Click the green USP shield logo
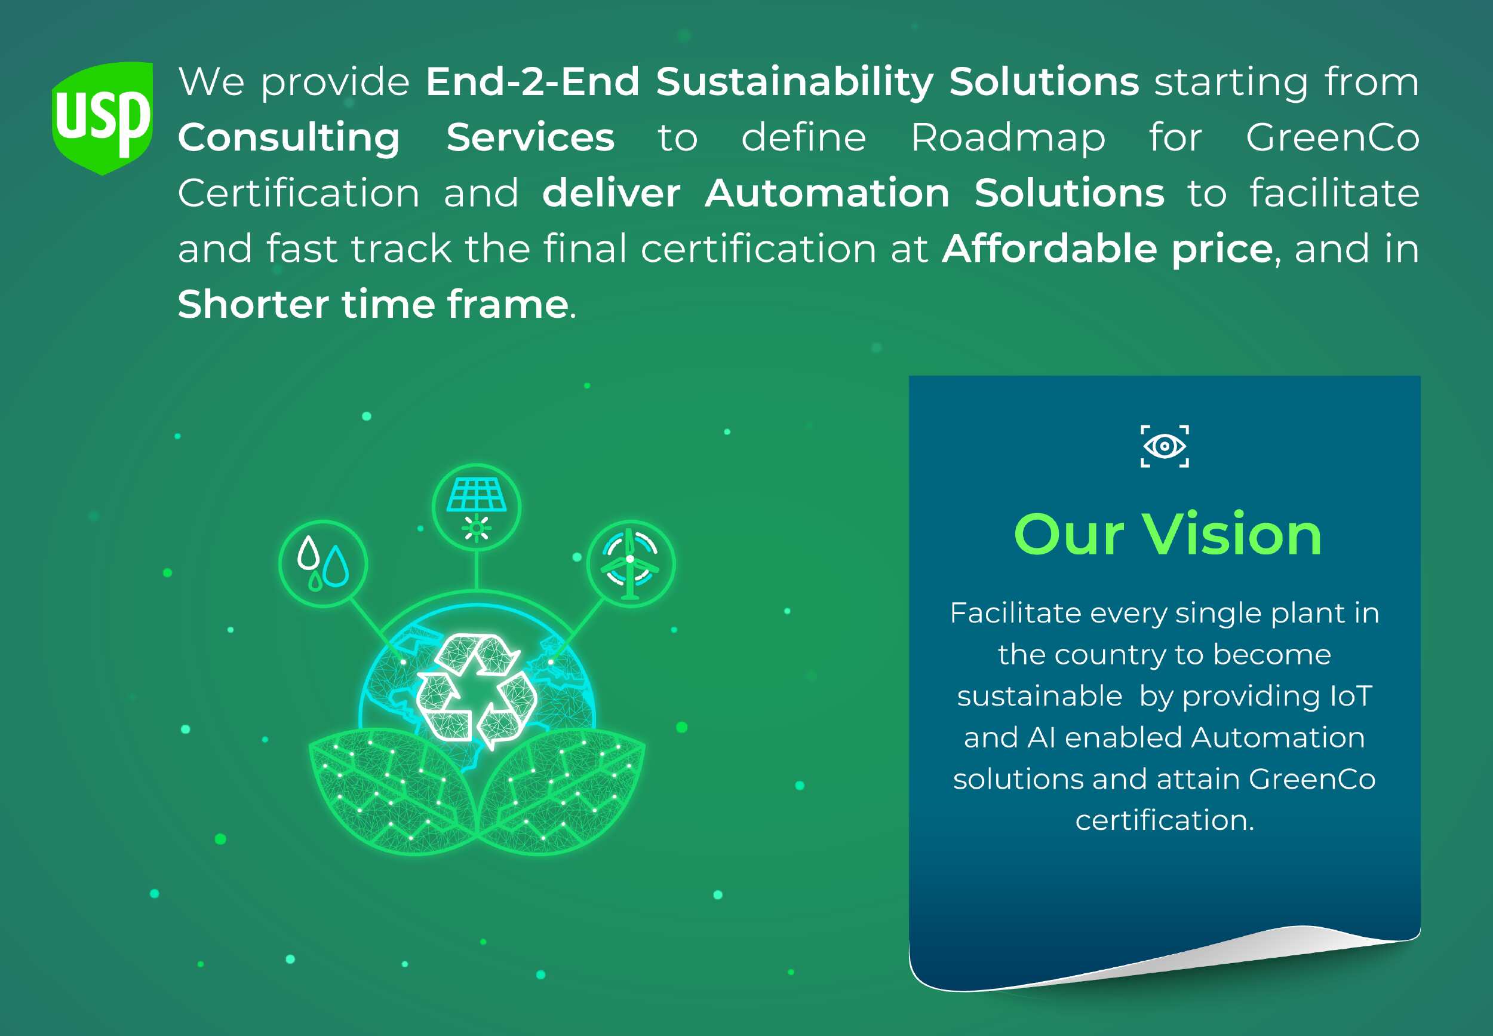[x=103, y=118]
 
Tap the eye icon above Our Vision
[x=1165, y=446]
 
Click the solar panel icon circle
[x=476, y=507]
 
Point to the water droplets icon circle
[x=323, y=563]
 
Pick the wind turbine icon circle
[x=631, y=563]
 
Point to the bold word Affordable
[x=1049, y=249]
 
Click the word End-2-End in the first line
[x=533, y=82]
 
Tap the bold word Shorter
[x=253, y=305]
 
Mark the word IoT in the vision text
[x=1351, y=696]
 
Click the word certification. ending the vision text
[x=1165, y=820]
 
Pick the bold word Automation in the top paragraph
[x=827, y=194]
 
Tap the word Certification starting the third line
[x=299, y=194]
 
